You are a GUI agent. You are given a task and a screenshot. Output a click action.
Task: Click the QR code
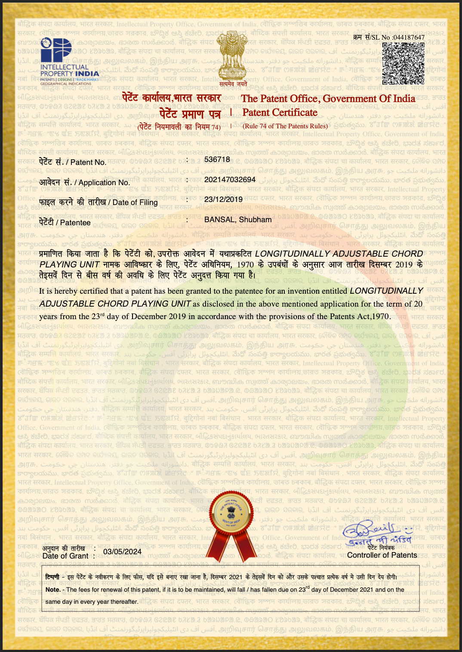(x=403, y=63)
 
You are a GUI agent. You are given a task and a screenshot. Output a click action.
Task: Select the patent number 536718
(x=217, y=159)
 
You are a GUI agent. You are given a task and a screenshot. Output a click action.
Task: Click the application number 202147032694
(x=230, y=180)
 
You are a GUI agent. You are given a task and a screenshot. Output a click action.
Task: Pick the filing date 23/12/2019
(x=223, y=199)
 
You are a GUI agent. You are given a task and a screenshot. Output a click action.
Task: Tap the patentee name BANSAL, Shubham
(x=238, y=220)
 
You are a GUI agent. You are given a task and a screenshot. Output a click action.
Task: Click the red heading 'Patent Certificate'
(x=280, y=113)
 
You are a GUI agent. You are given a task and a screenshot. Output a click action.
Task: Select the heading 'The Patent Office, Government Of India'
(x=328, y=99)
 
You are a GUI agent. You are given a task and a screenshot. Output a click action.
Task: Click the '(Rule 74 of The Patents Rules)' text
(x=285, y=126)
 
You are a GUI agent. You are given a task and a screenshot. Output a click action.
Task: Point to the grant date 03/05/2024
(x=122, y=552)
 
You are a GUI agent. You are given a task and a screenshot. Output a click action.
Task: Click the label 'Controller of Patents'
(x=382, y=555)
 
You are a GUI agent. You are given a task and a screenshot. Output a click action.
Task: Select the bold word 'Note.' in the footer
(x=53, y=590)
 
